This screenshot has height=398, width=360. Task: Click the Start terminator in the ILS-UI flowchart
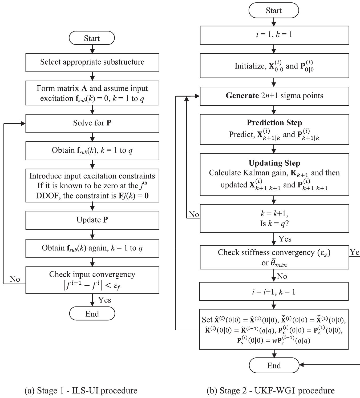(92, 38)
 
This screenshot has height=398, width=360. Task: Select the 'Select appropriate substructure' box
(92, 62)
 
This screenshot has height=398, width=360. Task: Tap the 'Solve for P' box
(92, 123)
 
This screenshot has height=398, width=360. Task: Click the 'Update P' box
(92, 220)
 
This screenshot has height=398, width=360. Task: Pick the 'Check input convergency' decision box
(92, 280)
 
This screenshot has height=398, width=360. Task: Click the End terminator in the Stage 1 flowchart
(92, 313)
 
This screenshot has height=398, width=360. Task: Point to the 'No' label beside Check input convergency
(15, 279)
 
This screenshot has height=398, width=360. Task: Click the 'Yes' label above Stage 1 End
(104, 300)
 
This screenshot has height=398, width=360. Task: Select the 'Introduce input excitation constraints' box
(92, 186)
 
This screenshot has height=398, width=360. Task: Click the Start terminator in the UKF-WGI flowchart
(274, 11)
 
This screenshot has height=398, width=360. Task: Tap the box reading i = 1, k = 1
(274, 35)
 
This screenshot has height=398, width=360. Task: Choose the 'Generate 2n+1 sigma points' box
(274, 96)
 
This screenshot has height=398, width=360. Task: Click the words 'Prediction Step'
(274, 123)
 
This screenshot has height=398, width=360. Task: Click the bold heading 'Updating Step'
(274, 163)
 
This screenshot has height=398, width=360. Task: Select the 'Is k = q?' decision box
(274, 218)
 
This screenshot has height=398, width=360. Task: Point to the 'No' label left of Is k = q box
(194, 214)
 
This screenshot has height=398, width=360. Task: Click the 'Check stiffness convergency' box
(274, 257)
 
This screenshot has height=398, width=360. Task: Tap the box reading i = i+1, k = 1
(274, 292)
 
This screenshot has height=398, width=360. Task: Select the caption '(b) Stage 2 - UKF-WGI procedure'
(270, 391)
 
